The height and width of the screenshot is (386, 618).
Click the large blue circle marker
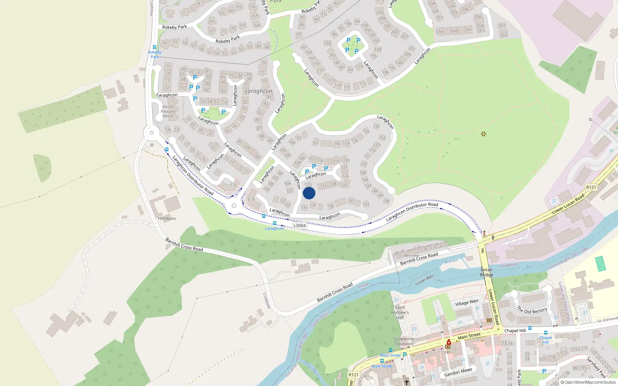pos(309,193)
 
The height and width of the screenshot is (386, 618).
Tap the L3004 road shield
pos(299,225)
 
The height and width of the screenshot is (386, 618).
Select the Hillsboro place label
pos(167,218)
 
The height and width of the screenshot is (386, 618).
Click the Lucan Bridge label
pos(487,272)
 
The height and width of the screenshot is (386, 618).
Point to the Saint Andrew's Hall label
pos(400,312)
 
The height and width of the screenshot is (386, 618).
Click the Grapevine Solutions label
pos(404,341)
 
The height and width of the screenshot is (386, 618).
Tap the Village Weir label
pos(467,303)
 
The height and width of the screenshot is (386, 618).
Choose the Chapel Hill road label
pos(515,330)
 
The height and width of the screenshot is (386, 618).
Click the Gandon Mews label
pos(458,372)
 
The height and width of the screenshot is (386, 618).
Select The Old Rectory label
pos(532,310)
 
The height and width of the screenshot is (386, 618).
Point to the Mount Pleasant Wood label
pos(168,111)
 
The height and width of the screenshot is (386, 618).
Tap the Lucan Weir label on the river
pos(424,279)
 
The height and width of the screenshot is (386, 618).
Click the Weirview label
pos(411,256)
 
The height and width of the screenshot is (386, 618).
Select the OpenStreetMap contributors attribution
pos(588,382)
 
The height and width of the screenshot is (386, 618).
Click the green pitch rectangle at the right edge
pos(601,264)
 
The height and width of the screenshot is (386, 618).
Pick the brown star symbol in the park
pos(483,134)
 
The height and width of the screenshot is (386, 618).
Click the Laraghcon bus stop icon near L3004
pos(275,223)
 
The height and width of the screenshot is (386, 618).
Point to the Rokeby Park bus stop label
pos(154,54)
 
